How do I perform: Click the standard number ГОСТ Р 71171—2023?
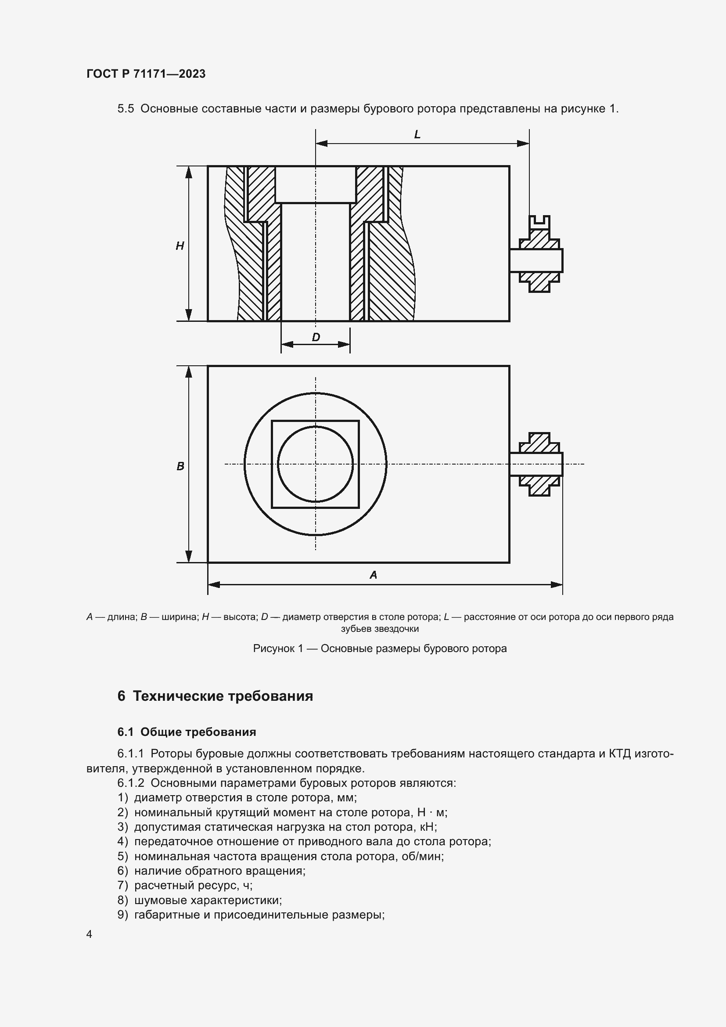coord(146,74)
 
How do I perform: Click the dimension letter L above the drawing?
coord(417,135)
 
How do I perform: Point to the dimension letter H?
coord(180,245)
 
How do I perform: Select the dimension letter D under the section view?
coord(316,337)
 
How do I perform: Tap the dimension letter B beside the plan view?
coord(180,466)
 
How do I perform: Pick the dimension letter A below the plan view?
coord(373,575)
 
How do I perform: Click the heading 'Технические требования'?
coord(223,696)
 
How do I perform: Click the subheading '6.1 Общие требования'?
coord(187,732)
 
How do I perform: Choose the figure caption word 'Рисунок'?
coord(273,649)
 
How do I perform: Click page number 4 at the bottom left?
coord(90,934)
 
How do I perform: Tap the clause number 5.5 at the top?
coord(126,109)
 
